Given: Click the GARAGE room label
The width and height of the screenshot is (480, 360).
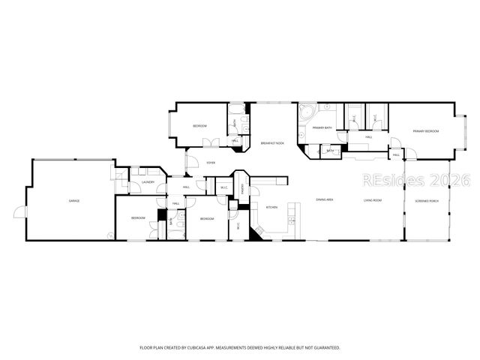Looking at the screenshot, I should (x=74, y=201).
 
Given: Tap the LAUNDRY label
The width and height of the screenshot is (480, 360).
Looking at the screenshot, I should (x=148, y=182).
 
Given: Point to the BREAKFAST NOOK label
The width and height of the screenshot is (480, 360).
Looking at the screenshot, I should (x=271, y=143).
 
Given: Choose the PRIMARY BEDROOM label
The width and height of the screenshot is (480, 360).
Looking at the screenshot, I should (x=425, y=131).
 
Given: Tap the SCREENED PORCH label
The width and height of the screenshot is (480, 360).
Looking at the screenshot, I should (x=427, y=201).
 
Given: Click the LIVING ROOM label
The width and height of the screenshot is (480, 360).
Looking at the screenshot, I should (x=373, y=201).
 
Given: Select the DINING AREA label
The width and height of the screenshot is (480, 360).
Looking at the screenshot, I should (x=325, y=200).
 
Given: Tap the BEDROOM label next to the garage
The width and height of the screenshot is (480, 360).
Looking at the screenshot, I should (x=138, y=218).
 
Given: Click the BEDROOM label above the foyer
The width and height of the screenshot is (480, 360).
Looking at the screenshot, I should (x=199, y=126).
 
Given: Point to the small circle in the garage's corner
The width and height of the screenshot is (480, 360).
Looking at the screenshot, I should (x=110, y=236).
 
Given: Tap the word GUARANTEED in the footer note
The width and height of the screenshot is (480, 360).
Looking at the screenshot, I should (x=324, y=348).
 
